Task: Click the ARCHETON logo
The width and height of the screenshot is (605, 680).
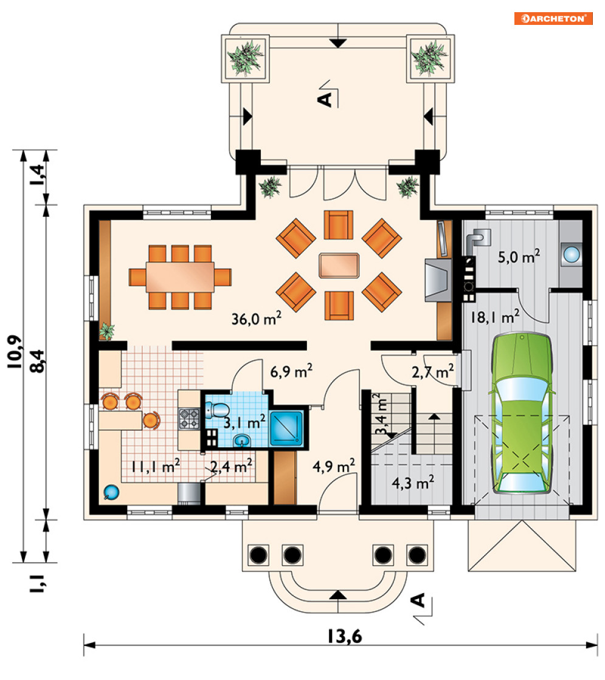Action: point(553,19)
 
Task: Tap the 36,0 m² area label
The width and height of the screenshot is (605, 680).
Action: point(257,318)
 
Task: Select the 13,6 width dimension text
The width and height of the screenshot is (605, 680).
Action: point(344,636)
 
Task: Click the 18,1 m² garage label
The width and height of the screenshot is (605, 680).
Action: point(495,317)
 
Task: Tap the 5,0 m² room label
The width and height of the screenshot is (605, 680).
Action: point(519,256)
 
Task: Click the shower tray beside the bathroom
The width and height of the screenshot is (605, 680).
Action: point(286,428)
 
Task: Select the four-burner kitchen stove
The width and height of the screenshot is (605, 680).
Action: point(190,419)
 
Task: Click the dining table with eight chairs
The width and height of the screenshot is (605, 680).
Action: point(180,277)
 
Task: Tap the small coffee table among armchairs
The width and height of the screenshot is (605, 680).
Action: point(339,266)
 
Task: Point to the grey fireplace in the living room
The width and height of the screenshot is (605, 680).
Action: point(438,280)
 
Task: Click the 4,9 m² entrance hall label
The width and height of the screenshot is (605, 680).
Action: point(334,465)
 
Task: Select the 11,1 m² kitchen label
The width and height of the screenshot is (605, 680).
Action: point(156,466)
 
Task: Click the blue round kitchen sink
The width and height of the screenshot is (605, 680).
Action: point(111,493)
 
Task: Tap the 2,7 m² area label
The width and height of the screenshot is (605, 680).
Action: point(433,372)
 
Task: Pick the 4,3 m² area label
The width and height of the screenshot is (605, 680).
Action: point(413,483)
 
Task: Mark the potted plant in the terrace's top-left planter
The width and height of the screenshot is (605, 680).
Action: point(246,58)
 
